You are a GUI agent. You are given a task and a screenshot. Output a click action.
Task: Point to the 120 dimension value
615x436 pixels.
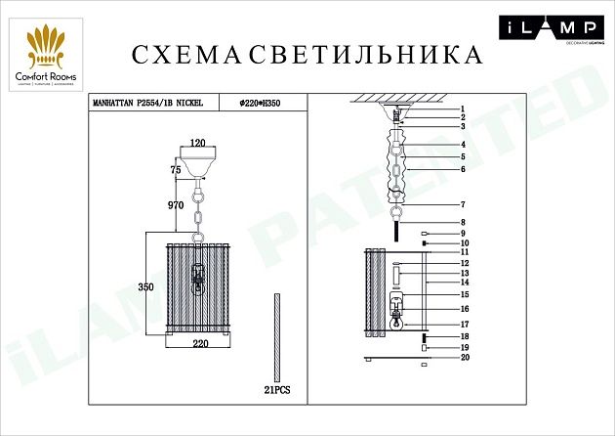(200, 142)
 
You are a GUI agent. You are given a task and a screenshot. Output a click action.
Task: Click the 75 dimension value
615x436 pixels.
(176, 168)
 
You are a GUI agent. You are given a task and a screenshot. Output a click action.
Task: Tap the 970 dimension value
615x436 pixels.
(177, 206)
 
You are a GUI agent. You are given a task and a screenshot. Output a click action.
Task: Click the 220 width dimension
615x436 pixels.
(200, 344)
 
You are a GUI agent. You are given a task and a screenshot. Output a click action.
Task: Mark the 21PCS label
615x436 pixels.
(277, 389)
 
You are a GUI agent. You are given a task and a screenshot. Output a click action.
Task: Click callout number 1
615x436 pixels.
(465, 109)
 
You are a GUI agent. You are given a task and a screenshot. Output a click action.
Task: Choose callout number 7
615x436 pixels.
(465, 204)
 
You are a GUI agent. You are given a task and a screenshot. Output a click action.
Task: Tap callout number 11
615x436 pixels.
(466, 252)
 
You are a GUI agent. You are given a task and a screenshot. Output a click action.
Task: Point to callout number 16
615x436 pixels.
(466, 308)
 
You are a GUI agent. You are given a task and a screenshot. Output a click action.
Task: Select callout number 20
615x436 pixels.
(466, 358)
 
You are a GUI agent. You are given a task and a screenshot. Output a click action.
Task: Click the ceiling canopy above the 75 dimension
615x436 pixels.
(200, 162)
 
